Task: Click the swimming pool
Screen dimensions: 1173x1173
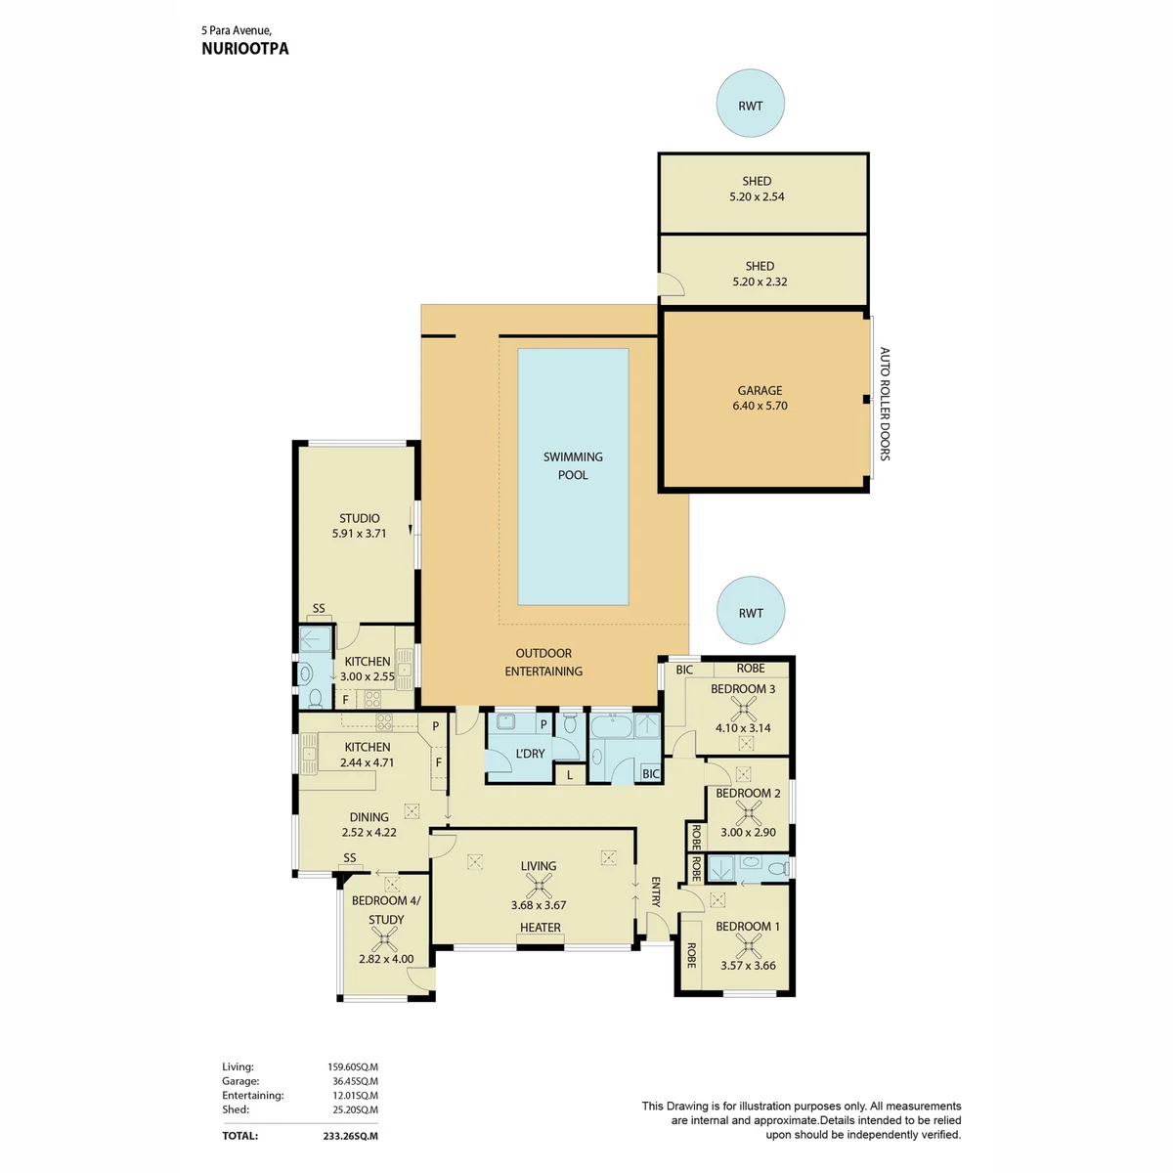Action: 572,476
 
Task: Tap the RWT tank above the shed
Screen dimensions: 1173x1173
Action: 750,103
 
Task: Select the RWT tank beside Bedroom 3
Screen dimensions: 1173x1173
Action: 751,611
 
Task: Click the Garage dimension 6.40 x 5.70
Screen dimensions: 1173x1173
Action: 760,406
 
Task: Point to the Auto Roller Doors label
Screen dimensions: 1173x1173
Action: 885,404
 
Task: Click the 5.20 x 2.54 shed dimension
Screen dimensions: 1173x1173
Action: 757,196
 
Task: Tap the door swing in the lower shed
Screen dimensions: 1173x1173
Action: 672,284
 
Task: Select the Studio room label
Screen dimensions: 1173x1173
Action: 359,518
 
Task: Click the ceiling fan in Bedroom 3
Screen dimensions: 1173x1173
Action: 743,708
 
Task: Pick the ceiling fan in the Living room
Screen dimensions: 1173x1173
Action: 538,886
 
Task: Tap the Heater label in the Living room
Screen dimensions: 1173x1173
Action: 540,927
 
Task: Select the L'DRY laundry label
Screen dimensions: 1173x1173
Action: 530,754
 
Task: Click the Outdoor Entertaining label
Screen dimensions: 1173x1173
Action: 543,662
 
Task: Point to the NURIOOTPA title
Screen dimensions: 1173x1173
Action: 244,49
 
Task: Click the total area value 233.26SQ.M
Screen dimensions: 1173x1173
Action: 350,1136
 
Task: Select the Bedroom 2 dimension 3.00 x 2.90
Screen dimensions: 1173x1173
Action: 748,832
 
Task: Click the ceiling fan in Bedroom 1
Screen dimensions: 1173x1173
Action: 748,946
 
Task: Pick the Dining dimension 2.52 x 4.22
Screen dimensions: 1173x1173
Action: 369,832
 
